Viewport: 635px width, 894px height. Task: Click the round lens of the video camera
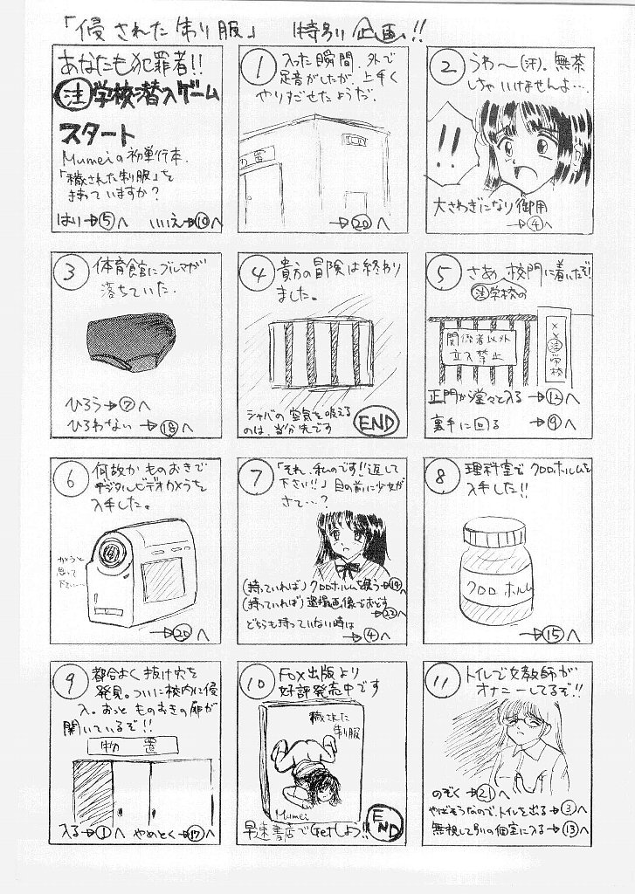(110, 551)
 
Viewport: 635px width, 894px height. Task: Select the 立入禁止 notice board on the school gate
(476, 347)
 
